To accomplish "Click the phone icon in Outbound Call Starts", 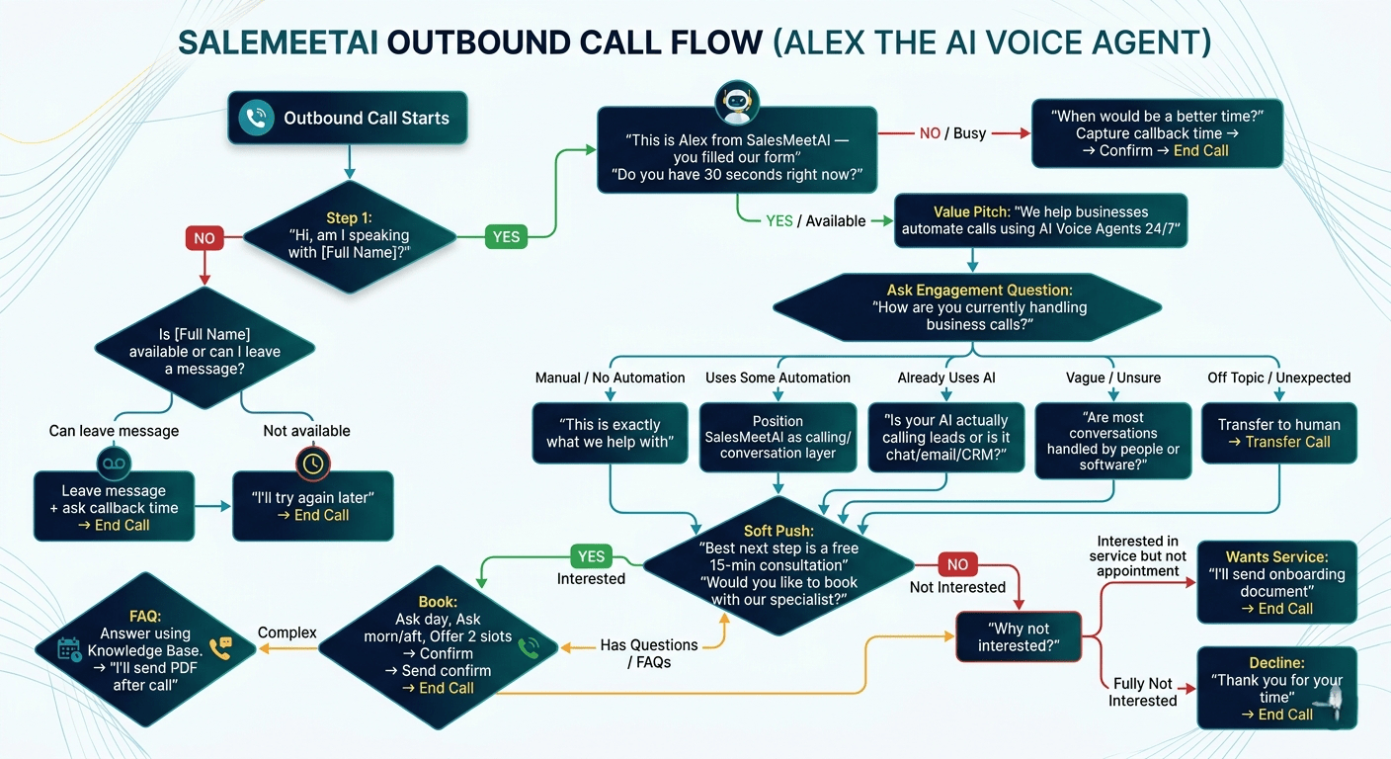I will (x=257, y=119).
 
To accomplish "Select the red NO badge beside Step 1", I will (x=205, y=238).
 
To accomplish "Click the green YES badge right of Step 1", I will (x=506, y=236).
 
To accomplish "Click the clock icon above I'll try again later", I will (x=311, y=463).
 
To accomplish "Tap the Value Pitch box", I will (x=1040, y=221).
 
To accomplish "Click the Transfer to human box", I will (x=1279, y=433).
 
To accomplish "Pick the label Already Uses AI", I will (x=946, y=378).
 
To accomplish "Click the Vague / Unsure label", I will (x=1113, y=378).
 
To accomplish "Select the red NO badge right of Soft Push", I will (x=957, y=564).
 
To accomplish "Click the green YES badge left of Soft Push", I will (x=591, y=556).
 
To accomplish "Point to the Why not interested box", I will (x=1019, y=636).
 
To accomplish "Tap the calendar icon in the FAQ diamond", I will (x=69, y=648).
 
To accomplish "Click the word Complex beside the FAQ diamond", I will (x=287, y=632).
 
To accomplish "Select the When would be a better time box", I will (x=1157, y=133).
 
